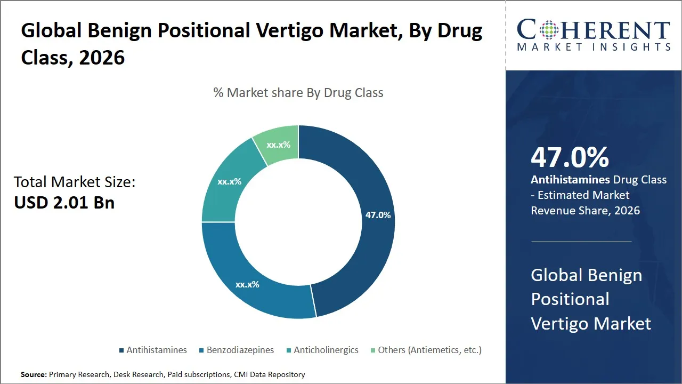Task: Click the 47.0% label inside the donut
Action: coord(378,215)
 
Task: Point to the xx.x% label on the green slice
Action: coord(278,145)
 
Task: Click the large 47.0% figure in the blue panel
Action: coord(570,157)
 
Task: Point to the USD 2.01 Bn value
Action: coord(64,203)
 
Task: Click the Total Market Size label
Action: coord(75,182)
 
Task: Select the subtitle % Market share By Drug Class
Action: coord(298,93)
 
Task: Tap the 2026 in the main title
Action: coord(102,57)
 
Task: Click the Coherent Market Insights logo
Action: coord(594,35)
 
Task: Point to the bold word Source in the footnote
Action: coord(34,375)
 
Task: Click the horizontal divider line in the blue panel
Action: coord(581,242)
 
